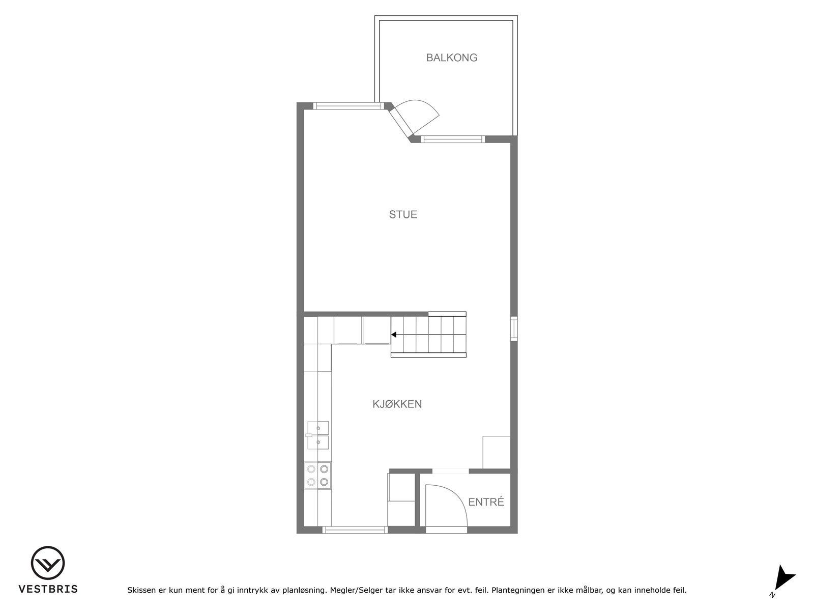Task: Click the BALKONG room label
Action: click(x=452, y=58)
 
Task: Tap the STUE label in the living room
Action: click(x=403, y=214)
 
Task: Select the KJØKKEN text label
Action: click(x=397, y=404)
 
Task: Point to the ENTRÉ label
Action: click(x=486, y=502)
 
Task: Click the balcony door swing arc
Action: click(x=420, y=115)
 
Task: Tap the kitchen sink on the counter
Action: click(x=318, y=435)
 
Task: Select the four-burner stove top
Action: click(x=318, y=475)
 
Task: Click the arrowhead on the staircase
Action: click(x=394, y=335)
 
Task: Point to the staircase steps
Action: click(x=428, y=335)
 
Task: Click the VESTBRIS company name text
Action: click(x=48, y=589)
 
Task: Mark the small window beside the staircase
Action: click(x=514, y=327)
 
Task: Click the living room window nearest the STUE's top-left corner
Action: click(x=347, y=106)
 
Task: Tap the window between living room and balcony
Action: click(x=453, y=139)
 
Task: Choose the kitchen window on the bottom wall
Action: click(x=355, y=530)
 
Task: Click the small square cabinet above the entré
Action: click(x=496, y=452)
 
